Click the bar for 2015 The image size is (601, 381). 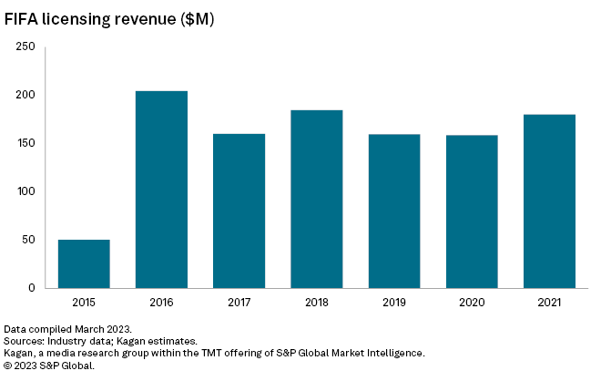[84, 263]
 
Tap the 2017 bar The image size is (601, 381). [239, 211]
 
